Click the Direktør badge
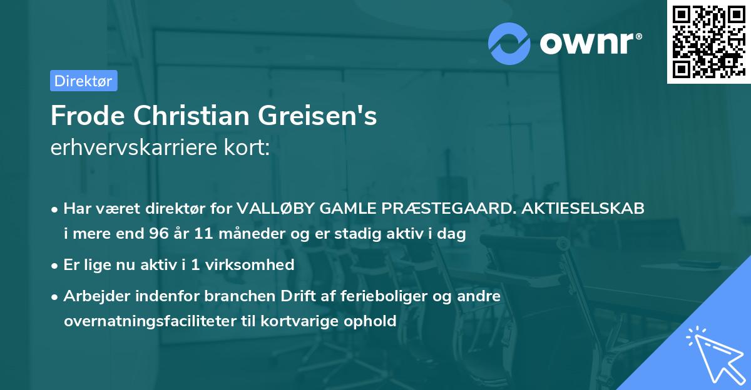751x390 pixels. [83, 81]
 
